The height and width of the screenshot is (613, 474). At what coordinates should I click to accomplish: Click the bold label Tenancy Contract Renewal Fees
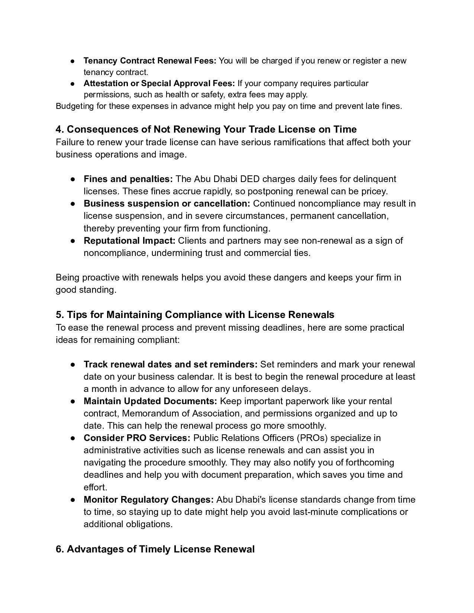click(149, 61)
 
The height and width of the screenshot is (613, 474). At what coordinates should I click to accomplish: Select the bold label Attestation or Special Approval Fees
click(159, 83)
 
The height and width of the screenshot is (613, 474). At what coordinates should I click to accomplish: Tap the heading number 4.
click(59, 129)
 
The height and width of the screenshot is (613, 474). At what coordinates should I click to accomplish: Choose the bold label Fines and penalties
click(128, 179)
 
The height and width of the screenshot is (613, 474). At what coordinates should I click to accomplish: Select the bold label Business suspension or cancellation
click(167, 204)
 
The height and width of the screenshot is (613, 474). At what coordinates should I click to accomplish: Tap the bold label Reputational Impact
click(129, 241)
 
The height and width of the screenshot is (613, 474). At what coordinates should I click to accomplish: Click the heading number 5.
click(59, 315)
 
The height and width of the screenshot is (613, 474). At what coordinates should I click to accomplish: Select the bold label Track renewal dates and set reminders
click(170, 364)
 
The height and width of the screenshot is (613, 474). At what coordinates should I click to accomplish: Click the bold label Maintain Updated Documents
click(150, 401)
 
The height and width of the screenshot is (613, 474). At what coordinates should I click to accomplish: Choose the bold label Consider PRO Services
click(137, 438)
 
